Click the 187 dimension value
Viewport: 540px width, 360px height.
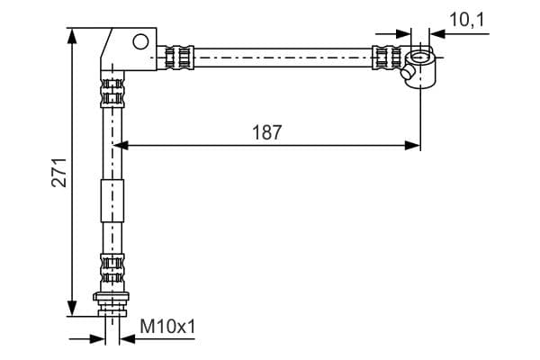(267, 132)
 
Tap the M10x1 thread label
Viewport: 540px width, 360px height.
(167, 328)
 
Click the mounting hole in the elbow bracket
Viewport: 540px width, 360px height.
(139, 40)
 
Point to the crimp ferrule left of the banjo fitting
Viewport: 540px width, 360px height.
(387, 58)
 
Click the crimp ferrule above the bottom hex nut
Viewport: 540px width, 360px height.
(111, 268)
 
